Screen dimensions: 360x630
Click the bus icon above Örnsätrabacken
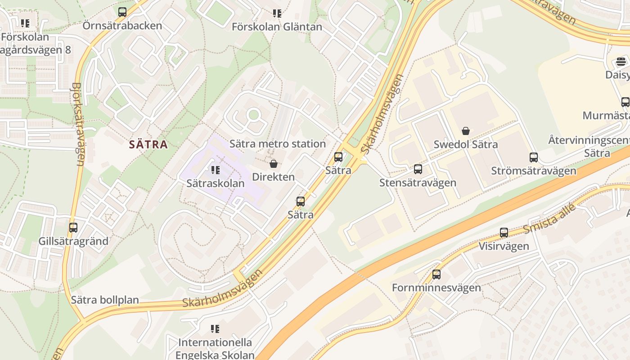[x=122, y=12]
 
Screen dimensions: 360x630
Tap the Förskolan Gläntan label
[x=277, y=27]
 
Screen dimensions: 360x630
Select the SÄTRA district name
[x=148, y=144]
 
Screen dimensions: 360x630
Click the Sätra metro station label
[x=277, y=144]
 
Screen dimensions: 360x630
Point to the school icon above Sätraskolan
[x=215, y=170]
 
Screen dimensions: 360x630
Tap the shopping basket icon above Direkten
[x=273, y=164]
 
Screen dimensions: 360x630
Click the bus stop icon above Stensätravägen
[x=418, y=169]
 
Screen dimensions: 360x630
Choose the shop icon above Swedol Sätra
[x=466, y=131]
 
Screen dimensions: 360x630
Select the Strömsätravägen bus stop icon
[x=533, y=157]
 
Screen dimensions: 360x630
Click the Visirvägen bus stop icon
[x=504, y=233]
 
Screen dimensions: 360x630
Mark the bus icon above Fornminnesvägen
[x=436, y=274]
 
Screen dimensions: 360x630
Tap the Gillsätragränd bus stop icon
[x=73, y=228]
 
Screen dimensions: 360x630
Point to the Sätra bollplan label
[x=105, y=300]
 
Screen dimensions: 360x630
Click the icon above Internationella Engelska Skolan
[x=215, y=329]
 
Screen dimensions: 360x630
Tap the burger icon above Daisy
[x=621, y=62]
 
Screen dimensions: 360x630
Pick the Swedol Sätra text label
[x=465, y=144]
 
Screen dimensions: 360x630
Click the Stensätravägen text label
[x=418, y=182]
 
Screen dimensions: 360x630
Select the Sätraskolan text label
[x=216, y=183]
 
